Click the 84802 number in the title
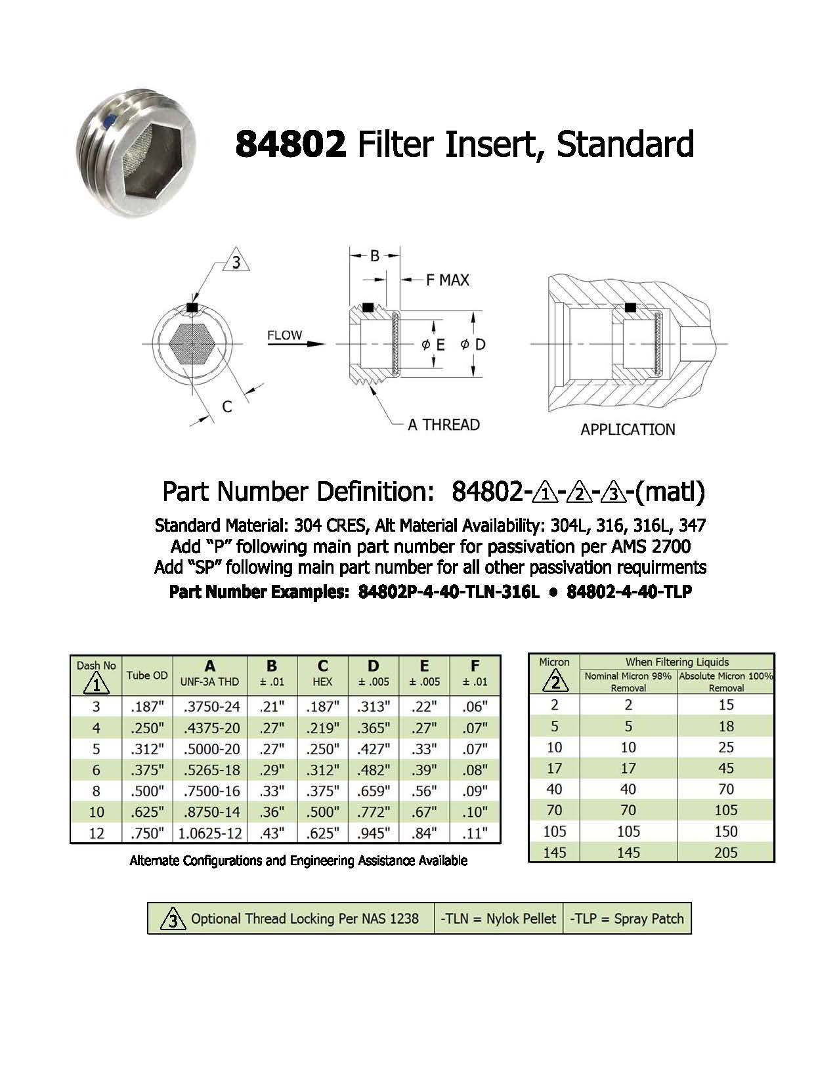[x=290, y=144]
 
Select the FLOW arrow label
[x=285, y=335]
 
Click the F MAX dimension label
[x=448, y=280]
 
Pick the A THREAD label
[x=444, y=425]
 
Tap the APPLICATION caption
[x=628, y=430]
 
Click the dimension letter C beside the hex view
[x=226, y=407]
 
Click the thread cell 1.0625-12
[x=209, y=834]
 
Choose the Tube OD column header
[x=147, y=675]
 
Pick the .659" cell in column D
[x=374, y=791]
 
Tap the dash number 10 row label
[x=96, y=812]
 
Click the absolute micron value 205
[x=725, y=853]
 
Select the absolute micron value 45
[x=725, y=769]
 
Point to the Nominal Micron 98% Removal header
[x=628, y=682]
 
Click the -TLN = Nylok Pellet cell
[x=498, y=919]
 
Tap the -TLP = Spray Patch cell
[x=627, y=919]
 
